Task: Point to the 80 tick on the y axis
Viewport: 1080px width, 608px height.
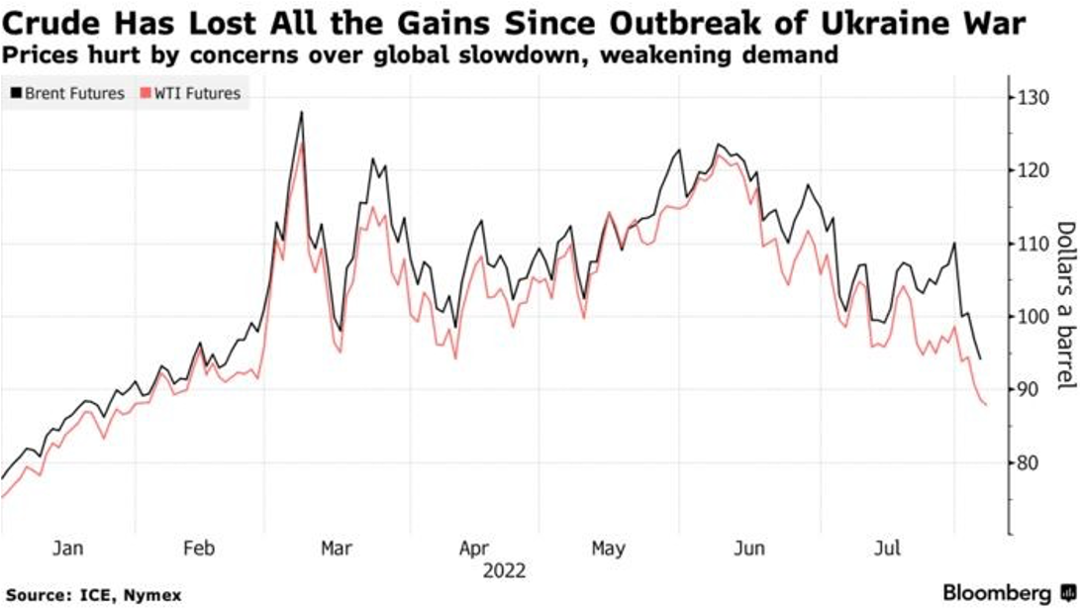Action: [1026, 462]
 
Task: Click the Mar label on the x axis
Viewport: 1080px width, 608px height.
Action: [338, 548]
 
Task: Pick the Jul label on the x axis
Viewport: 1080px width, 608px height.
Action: [893, 548]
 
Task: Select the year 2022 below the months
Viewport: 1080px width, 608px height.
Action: [504, 570]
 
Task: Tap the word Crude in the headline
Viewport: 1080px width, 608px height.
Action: [53, 21]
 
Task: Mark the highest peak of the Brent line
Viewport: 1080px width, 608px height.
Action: [301, 112]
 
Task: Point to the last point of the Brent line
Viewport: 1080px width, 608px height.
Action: [980, 358]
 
